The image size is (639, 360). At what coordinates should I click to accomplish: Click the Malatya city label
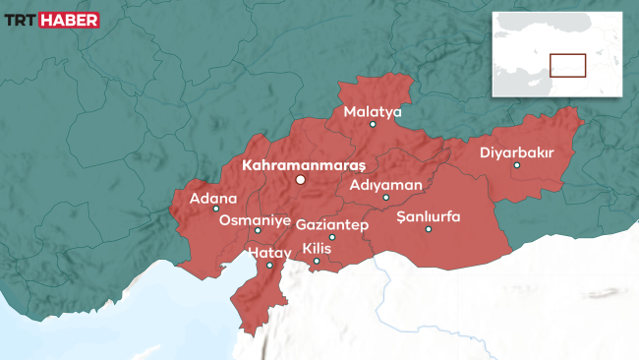[373, 112]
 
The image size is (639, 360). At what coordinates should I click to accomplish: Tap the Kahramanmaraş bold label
[303, 164]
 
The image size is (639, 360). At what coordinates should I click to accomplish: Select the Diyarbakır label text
[517, 152]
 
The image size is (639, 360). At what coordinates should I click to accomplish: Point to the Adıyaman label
[386, 185]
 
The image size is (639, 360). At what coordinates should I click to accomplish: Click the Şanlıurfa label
[428, 216]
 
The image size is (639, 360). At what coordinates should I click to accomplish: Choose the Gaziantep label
[331, 225]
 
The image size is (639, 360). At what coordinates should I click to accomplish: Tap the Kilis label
[317, 248]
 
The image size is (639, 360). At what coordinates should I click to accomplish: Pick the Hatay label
[268, 254]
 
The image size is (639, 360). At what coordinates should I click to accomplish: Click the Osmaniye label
[255, 220]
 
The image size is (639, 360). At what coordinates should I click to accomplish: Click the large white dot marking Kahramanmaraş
[301, 180]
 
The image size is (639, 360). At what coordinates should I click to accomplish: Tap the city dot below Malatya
[373, 124]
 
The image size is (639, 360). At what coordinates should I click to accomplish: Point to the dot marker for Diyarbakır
[517, 165]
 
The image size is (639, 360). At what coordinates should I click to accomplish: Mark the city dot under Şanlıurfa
[429, 229]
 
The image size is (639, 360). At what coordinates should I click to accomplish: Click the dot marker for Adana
[216, 210]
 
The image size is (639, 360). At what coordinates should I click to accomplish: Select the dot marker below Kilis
[317, 261]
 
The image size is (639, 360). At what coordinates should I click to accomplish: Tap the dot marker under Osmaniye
[258, 231]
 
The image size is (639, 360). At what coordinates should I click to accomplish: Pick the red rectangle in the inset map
[567, 65]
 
